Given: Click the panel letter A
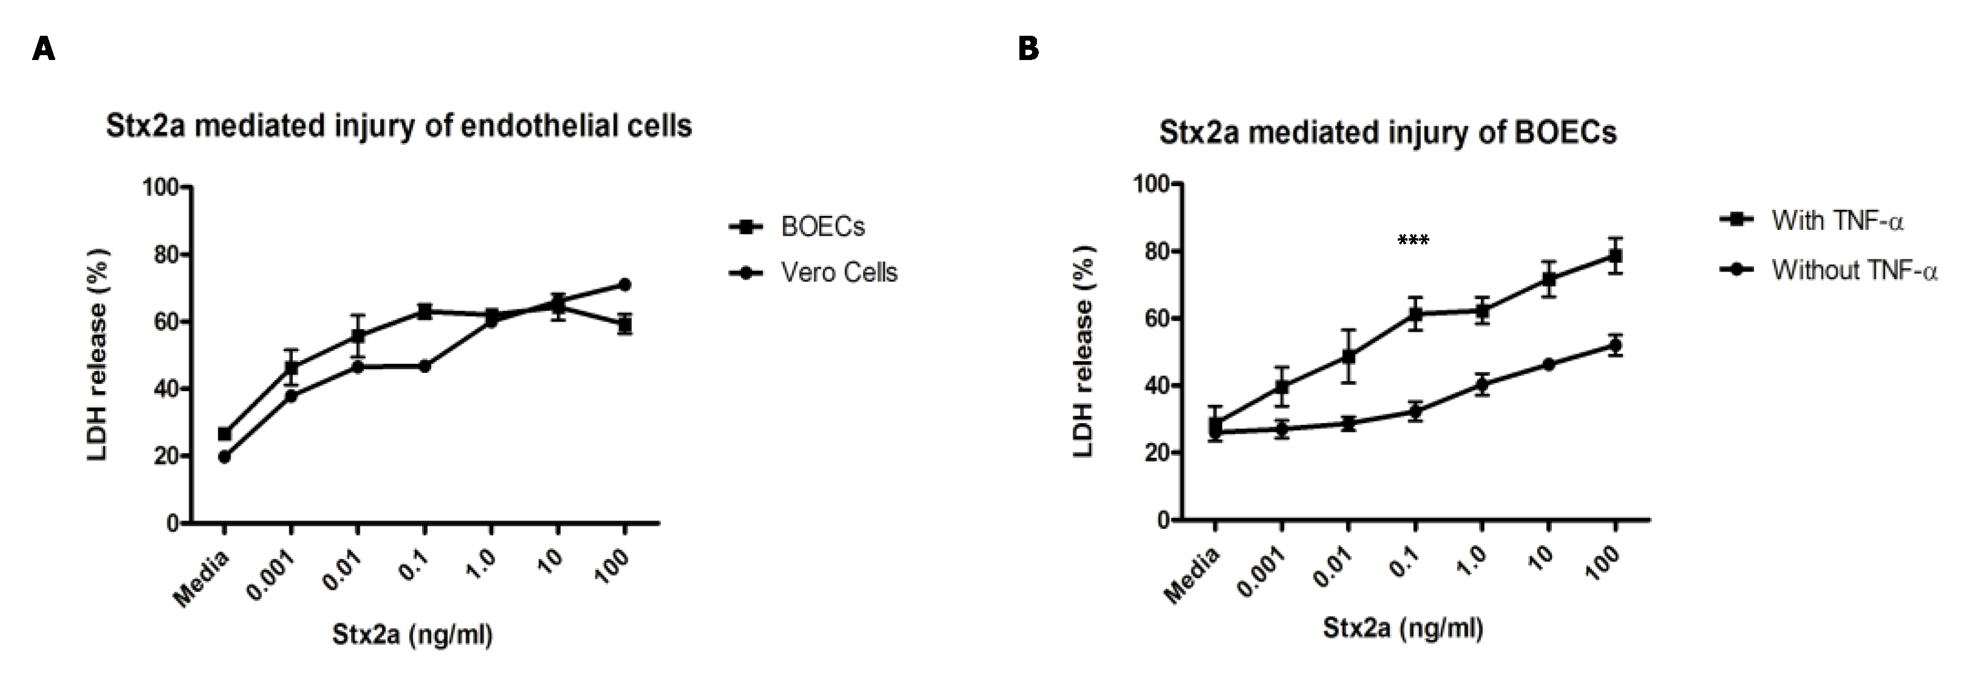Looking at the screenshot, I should coord(44,50).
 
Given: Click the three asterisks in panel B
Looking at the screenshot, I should coord(1414,241).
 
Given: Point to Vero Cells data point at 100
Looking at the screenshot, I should coord(624,284).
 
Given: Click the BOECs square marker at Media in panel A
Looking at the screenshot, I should coord(224,434).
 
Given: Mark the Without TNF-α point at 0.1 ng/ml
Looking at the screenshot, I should coord(1415,412).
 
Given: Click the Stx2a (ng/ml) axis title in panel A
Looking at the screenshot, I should coord(412,634).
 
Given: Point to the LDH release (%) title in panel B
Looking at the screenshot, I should coord(1083,352).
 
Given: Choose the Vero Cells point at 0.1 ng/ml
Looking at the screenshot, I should coord(424,367).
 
